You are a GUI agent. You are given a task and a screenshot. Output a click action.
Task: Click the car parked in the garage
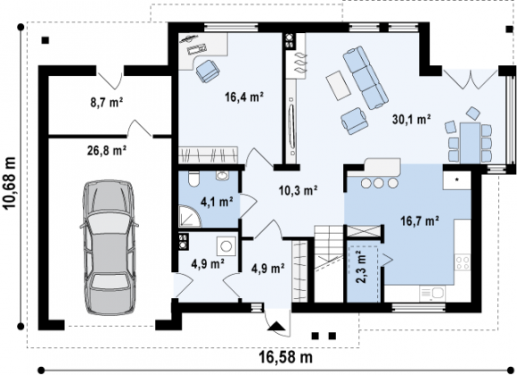[x=109, y=248]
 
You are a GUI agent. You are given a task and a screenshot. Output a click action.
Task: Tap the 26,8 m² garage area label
[x=107, y=151]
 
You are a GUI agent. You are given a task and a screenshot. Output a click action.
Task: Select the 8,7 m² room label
[x=107, y=103]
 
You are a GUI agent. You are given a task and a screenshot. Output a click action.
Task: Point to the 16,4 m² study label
[x=244, y=97]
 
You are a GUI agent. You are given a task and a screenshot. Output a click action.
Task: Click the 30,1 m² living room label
[x=412, y=119]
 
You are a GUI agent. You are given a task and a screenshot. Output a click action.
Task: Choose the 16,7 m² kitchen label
[x=420, y=221]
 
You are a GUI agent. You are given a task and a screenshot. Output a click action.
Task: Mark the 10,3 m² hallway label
[x=298, y=190]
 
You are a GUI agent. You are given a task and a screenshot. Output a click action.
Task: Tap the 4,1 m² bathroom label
[x=217, y=202]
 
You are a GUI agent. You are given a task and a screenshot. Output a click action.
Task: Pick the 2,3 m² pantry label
[x=362, y=267]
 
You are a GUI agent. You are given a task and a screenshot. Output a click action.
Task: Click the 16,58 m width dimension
[x=285, y=357]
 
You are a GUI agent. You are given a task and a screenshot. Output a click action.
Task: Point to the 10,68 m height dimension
[x=10, y=183]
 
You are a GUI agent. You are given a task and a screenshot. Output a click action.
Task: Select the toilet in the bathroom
[x=193, y=179]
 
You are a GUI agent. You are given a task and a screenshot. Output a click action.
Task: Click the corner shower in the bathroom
[x=189, y=216]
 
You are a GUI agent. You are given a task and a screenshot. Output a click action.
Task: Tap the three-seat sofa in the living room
[x=365, y=78]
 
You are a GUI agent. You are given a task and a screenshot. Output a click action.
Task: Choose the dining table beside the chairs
[x=470, y=143]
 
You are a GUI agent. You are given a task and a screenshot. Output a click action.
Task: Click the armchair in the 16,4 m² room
[x=208, y=71]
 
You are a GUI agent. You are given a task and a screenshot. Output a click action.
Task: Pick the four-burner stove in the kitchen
[x=463, y=263]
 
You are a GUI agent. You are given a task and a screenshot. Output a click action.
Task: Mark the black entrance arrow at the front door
[x=276, y=326]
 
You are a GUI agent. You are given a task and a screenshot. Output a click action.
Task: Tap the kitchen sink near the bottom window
[x=432, y=294]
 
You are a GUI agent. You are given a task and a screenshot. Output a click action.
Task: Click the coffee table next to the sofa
[x=339, y=85]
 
